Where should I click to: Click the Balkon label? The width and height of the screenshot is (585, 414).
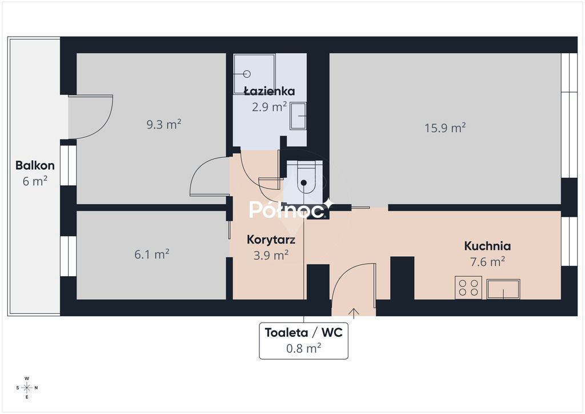[x=35, y=165]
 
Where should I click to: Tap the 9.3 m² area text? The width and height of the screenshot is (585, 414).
[x=164, y=124]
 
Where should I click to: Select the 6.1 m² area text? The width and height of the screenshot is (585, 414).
[x=152, y=254]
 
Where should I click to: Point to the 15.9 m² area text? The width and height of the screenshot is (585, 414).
[x=445, y=128]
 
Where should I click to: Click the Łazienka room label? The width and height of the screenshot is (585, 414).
[x=270, y=91]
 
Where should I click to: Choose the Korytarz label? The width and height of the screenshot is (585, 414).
[x=271, y=239]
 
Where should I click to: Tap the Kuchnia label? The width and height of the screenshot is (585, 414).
[x=487, y=246]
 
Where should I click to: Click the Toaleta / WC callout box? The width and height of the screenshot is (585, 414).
[x=304, y=341]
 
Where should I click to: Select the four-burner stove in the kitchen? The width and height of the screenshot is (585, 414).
[x=468, y=288]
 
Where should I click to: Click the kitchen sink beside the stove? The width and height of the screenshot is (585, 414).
[x=503, y=289]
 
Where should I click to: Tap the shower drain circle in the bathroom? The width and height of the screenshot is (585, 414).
[x=247, y=74]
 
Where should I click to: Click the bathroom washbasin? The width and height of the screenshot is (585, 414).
[x=298, y=116]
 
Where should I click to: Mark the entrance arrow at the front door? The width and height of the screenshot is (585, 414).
[x=354, y=313]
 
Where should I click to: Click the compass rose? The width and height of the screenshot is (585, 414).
[x=27, y=388]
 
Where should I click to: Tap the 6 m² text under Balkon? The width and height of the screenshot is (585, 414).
[x=35, y=181]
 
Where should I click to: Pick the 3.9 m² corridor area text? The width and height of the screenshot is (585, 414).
[x=271, y=255]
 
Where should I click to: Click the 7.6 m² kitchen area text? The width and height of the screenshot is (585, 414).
[x=488, y=261]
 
